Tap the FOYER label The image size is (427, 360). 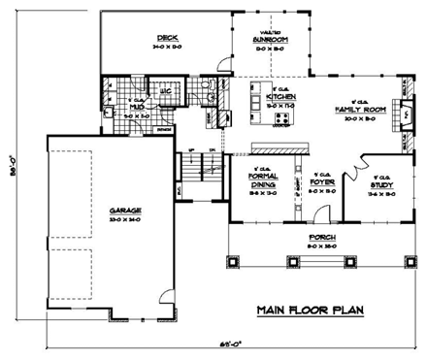pyautogui.click(x=318, y=181)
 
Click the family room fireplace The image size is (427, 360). pyautogui.click(x=404, y=107)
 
